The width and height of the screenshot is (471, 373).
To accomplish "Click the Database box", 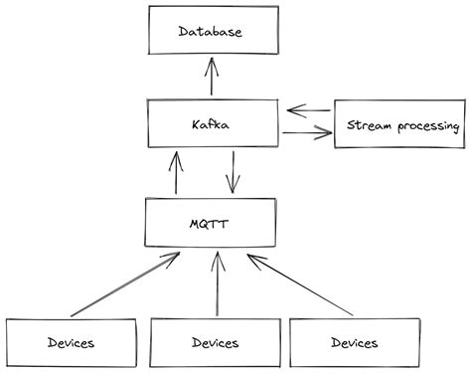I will tap(210, 31).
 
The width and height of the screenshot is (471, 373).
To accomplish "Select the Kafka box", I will tap(210, 124).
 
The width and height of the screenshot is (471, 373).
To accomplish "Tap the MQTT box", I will tap(210, 223).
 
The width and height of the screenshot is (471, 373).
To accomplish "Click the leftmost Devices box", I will tap(70, 343).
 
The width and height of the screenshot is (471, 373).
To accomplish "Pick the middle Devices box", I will tap(215, 343).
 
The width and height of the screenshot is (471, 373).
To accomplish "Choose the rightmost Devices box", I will tap(353, 343).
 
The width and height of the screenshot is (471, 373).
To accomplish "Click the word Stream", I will tap(368, 125).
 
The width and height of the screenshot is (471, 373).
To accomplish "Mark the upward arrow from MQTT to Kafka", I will tap(177, 172).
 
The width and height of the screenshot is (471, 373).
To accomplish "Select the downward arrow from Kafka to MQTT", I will tap(233, 172).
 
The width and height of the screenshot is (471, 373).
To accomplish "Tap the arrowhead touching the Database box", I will tap(211, 63).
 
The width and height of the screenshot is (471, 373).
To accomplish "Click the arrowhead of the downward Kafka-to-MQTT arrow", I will tap(233, 188).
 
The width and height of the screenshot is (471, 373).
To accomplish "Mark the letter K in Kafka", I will tap(193, 124).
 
